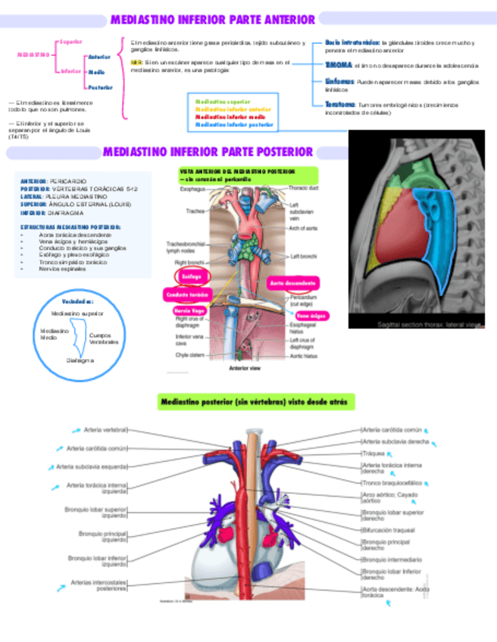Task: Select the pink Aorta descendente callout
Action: (x=293, y=282)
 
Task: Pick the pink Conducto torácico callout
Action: (x=187, y=294)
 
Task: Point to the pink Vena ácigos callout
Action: (x=310, y=315)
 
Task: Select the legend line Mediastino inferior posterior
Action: (x=234, y=124)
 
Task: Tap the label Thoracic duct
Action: (x=303, y=187)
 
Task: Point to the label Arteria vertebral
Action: (x=105, y=430)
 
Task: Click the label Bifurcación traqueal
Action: (x=388, y=530)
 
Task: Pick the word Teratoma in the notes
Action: (x=340, y=104)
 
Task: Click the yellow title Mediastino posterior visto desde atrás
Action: (x=253, y=401)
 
